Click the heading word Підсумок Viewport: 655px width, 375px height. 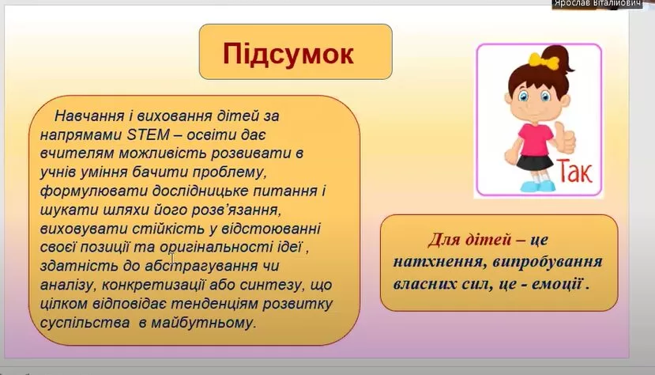288,54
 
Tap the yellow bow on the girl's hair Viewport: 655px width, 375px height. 544,61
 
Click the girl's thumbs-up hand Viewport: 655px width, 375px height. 564,138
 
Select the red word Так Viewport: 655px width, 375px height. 574,171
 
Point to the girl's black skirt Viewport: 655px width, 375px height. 535,162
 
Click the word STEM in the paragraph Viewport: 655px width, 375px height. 148,134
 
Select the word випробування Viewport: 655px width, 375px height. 548,262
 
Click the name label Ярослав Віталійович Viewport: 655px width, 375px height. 597,4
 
